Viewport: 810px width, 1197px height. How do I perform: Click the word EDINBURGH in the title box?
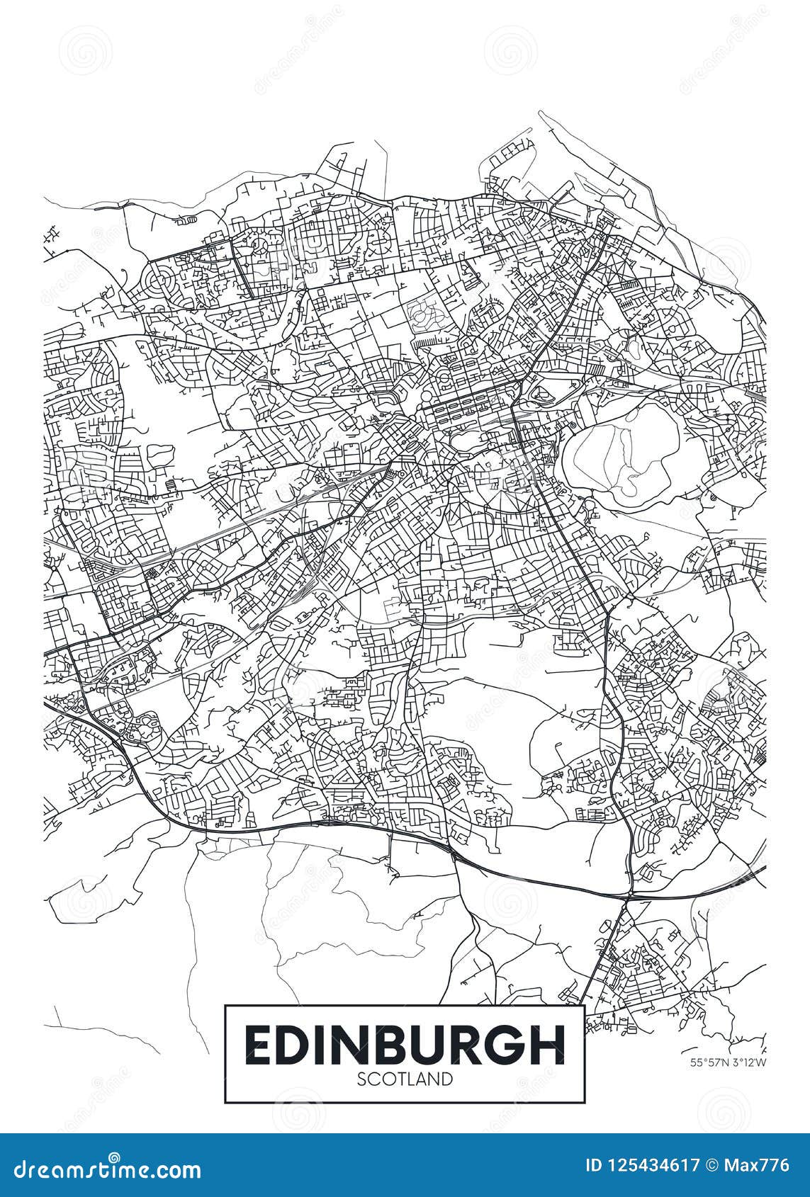(405, 1045)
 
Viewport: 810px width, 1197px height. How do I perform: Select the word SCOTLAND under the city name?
(405, 1079)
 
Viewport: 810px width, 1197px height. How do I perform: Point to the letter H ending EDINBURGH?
(548, 1045)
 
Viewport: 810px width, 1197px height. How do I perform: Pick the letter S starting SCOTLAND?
(361, 1079)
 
